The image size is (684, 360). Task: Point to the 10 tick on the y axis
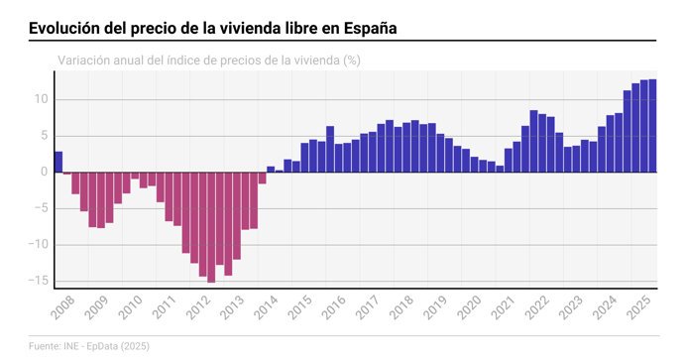click(x=42, y=99)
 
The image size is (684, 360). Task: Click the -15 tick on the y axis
click(x=40, y=281)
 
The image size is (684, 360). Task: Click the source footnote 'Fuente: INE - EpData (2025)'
click(x=89, y=346)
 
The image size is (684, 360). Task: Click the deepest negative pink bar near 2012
click(x=211, y=227)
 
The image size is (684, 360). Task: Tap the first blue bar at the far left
click(x=58, y=162)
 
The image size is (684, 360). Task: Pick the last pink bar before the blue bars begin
click(x=262, y=178)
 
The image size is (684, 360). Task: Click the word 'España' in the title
click(x=370, y=28)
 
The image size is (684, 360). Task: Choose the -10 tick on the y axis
click(x=40, y=245)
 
